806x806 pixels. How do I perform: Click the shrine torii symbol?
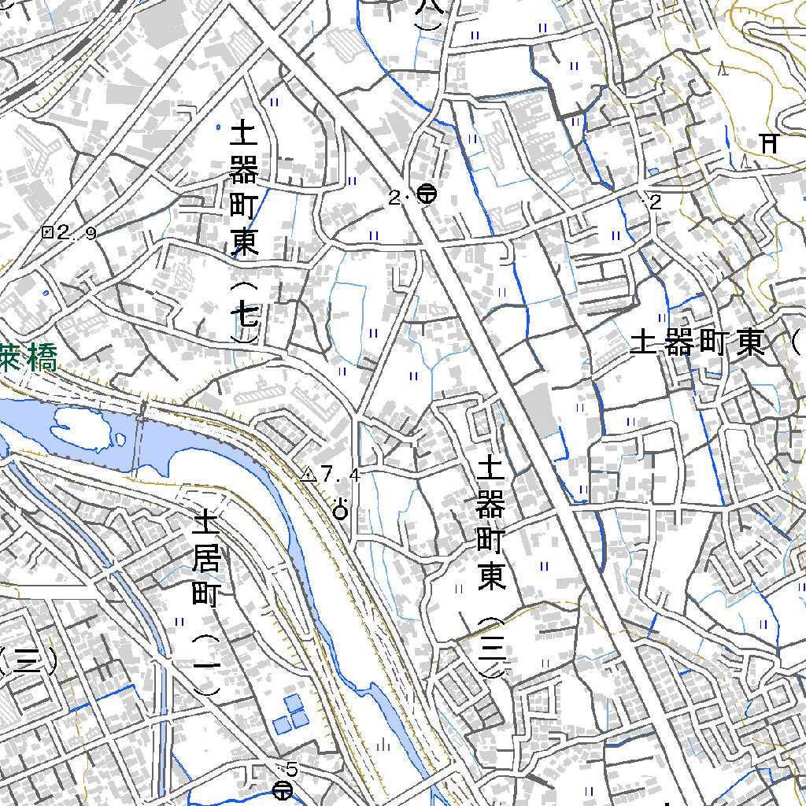[769, 143]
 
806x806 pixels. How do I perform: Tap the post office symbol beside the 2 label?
[427, 194]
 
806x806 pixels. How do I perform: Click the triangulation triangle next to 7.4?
[309, 475]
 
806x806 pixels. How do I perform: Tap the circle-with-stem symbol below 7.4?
[341, 511]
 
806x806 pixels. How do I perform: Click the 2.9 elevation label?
[76, 232]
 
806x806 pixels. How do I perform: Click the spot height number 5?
[293, 768]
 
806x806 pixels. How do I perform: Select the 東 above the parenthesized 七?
[244, 242]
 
